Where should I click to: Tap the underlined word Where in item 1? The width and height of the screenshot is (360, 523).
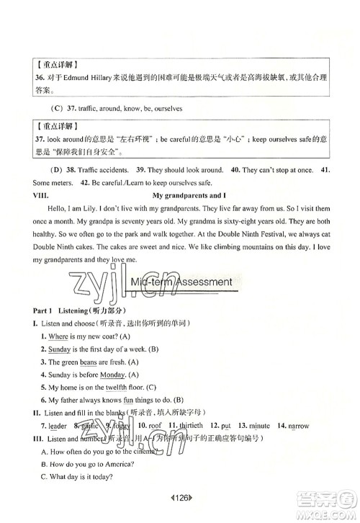[x=58, y=336]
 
